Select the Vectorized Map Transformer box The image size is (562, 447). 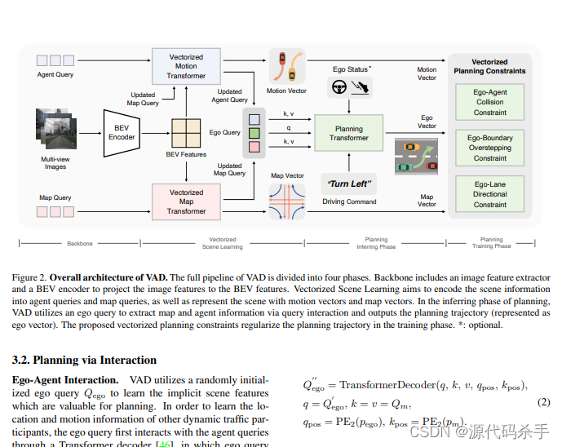tap(186, 201)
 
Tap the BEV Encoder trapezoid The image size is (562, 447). tap(122, 132)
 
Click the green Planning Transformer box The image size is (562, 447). tap(349, 133)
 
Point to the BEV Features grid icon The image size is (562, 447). tap(186, 131)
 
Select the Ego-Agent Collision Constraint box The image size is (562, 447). tap(489, 102)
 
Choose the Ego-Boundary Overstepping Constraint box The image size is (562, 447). tap(489, 148)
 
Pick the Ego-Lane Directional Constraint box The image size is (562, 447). tap(489, 194)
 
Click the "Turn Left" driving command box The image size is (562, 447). tap(350, 184)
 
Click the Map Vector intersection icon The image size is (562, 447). tap(287, 201)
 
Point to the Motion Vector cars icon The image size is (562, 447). tap(287, 66)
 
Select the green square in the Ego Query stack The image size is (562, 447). tap(254, 132)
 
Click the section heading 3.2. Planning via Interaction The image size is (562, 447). tap(84, 360)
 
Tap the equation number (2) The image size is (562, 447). tap(543, 402)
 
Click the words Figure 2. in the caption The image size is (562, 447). tap(30, 277)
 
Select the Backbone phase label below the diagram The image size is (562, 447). tap(80, 242)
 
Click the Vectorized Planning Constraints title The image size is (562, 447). tap(489, 66)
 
